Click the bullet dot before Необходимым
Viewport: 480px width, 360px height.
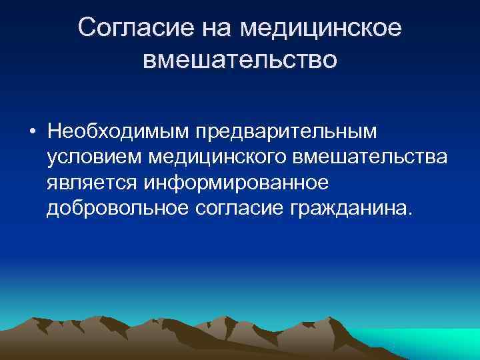point(32,131)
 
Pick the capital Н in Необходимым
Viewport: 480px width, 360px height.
point(55,131)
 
